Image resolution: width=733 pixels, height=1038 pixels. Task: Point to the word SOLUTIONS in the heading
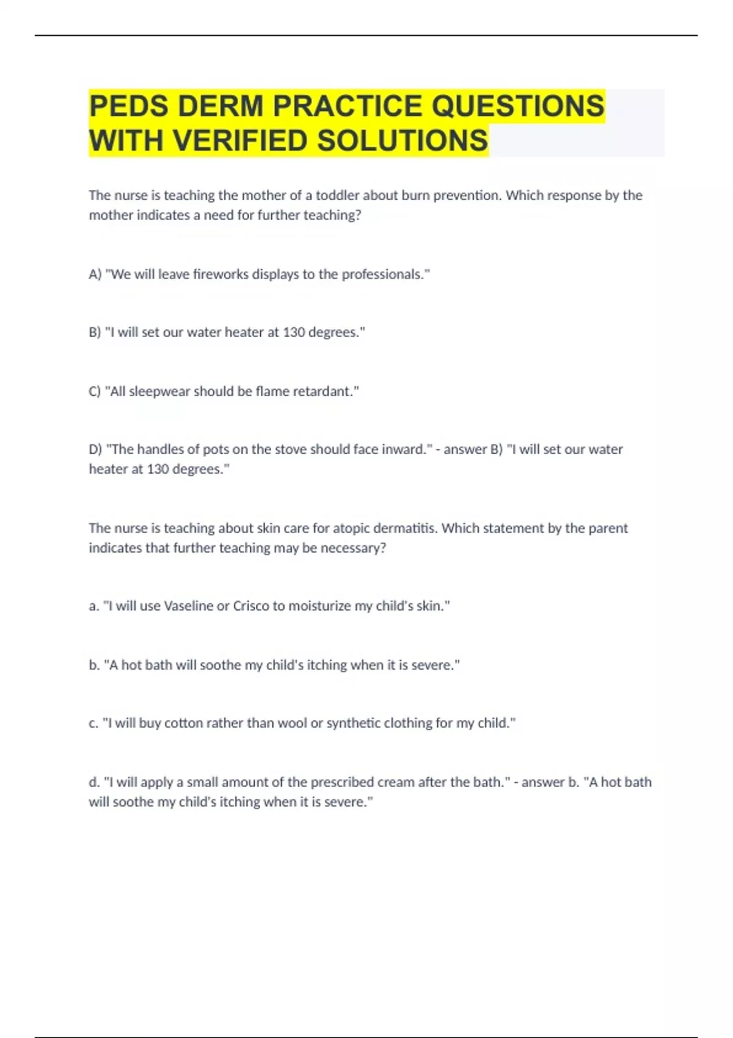tap(403, 141)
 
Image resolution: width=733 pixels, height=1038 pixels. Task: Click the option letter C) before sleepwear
tap(95, 391)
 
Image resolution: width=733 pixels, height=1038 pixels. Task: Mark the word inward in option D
tap(403, 449)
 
